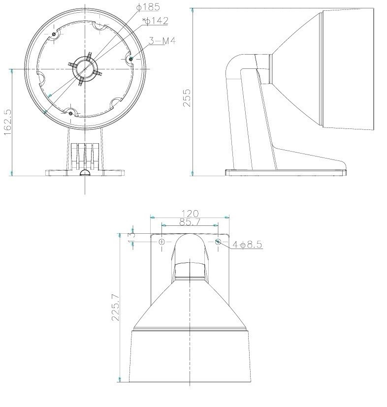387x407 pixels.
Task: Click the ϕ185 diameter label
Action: [x=148, y=7]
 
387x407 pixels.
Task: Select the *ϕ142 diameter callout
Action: [x=155, y=21]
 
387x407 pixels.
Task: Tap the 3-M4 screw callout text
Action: [x=162, y=41]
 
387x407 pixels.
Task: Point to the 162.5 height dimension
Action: [x=8, y=122]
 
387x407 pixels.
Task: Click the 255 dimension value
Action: [x=187, y=98]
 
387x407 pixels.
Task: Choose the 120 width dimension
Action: [x=190, y=214]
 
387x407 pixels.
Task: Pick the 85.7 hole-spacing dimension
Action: [x=190, y=222]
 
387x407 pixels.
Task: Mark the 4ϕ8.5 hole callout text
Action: [x=247, y=245]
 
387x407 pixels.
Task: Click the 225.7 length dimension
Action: [x=115, y=307]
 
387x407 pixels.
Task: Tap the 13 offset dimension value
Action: [x=131, y=238]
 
